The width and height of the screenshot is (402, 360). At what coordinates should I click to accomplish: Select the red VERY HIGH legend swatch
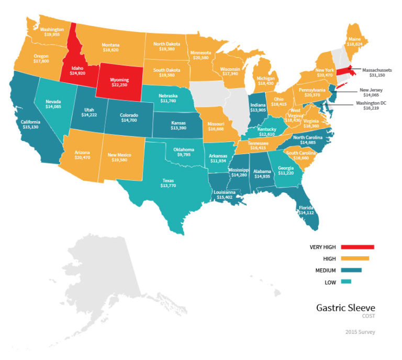[358, 246]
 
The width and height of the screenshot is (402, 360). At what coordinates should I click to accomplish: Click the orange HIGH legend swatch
[354, 258]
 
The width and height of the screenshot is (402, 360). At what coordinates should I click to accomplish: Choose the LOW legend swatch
[345, 282]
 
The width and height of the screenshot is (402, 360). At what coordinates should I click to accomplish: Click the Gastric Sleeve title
[345, 308]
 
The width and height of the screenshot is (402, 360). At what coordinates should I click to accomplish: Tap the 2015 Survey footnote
[360, 332]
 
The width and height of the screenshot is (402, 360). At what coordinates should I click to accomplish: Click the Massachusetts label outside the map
[372, 69]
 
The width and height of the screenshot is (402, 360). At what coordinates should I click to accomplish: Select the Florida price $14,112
[307, 213]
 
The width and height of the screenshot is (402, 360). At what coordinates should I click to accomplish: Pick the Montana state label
[111, 45]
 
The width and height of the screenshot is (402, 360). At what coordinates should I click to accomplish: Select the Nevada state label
[53, 102]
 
